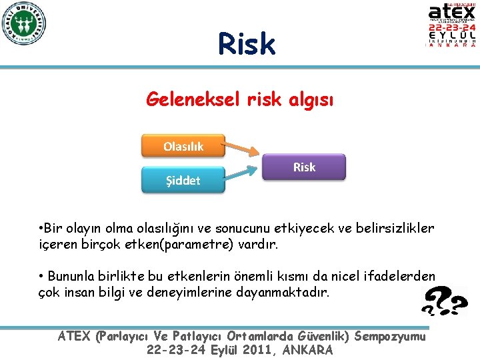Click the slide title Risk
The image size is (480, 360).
click(x=246, y=44)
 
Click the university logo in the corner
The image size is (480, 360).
click(x=23, y=24)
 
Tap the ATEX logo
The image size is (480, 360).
click(x=451, y=25)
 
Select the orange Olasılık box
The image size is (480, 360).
click(x=183, y=146)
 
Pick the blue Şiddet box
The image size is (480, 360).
click(x=183, y=180)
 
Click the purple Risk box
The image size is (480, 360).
click(x=304, y=167)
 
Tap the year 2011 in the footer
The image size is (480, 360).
click(x=252, y=350)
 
